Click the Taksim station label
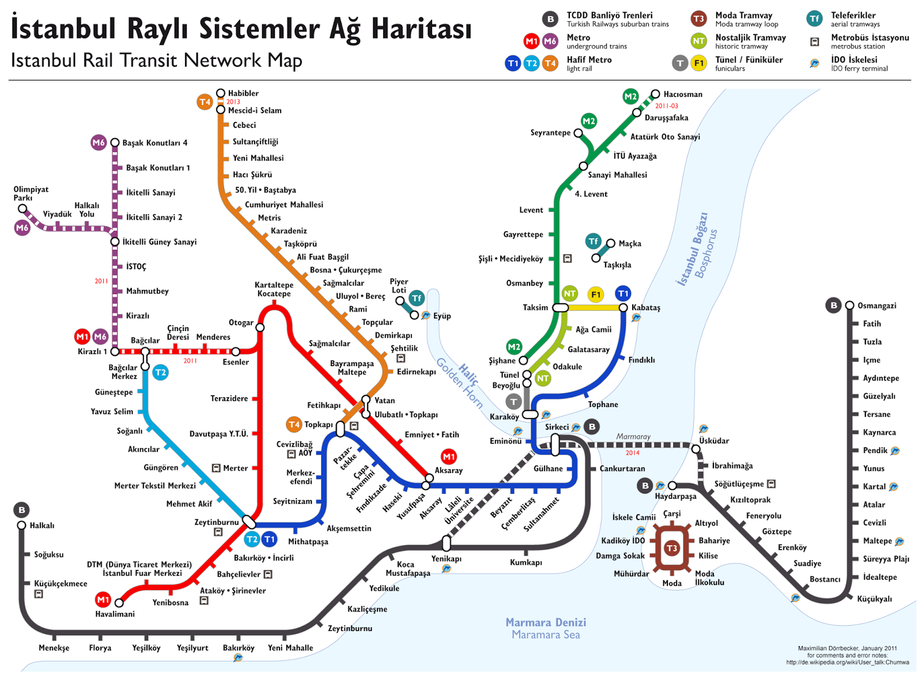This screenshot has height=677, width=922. [535, 307]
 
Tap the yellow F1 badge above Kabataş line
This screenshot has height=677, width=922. [596, 295]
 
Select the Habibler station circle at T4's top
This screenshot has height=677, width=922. [221, 93]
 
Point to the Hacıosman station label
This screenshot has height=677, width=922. [682, 94]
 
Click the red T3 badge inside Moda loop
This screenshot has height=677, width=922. [671, 549]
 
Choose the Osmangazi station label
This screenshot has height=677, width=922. [876, 306]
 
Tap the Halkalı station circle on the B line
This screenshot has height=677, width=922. [22, 525]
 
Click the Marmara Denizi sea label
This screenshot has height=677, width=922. [545, 622]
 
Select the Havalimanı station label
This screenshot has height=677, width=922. [115, 614]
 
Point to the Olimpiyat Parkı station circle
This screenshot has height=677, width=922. [22, 208]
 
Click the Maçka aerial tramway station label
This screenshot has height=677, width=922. [629, 244]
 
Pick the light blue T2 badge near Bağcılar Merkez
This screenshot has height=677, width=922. [160, 372]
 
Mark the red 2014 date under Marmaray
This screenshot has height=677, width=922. [632, 453]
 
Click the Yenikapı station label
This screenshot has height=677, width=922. [446, 558]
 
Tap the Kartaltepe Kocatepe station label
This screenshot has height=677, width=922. [274, 289]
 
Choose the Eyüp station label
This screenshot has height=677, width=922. [442, 316]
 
